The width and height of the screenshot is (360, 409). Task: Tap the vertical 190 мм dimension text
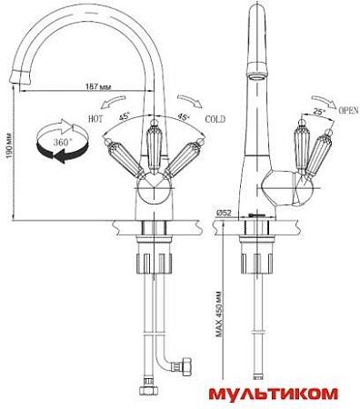(9, 145)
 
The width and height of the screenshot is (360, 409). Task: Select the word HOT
(95, 118)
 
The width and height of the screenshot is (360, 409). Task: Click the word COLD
(215, 119)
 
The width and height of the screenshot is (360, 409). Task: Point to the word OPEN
(348, 110)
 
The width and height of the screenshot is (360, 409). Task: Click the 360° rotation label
(63, 142)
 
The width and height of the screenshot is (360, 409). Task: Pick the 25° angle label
(318, 112)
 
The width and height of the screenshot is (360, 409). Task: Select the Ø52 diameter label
(224, 213)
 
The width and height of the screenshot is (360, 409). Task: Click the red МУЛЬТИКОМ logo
(273, 394)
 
